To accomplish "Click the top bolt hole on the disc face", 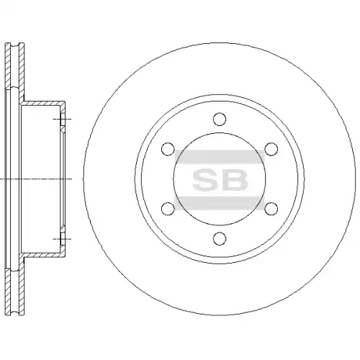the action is coord(220,119).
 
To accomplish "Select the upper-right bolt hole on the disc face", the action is coord(271,149).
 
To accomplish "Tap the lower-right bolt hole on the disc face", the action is coord(271,209).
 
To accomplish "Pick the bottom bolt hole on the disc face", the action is coord(220,238).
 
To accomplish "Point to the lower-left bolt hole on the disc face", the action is coord(168,209).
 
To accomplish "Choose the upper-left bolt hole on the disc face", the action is coord(168,149).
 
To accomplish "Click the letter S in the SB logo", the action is coord(205,179).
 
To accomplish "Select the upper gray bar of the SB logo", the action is coord(220,157).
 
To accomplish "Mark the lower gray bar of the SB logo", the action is coord(220,203).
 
